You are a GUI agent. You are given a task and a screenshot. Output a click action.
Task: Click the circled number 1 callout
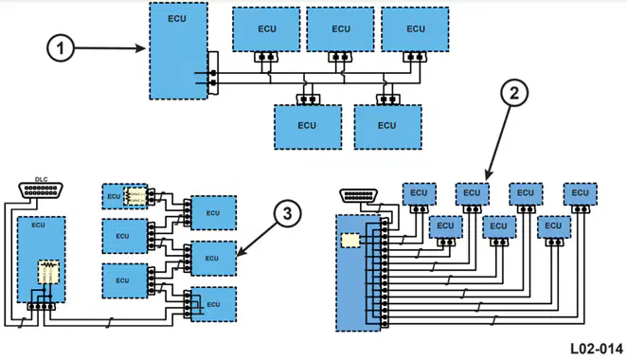point(61,48)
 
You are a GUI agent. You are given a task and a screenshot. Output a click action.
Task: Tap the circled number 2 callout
point(514,93)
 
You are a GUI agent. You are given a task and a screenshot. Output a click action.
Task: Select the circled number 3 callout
point(288,213)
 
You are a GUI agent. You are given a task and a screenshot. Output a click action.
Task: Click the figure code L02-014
point(597,349)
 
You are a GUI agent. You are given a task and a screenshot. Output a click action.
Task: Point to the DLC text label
point(41,180)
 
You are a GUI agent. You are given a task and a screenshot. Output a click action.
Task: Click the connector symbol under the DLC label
point(41,190)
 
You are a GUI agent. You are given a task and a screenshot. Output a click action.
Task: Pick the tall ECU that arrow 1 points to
point(178,51)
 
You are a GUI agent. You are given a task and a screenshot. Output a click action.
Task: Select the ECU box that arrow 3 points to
point(213,259)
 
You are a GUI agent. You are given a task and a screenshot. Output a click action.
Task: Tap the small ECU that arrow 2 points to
point(473,194)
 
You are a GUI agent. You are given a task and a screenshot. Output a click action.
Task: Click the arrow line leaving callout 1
point(110,48)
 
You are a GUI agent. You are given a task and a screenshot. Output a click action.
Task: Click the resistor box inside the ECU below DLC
point(49,272)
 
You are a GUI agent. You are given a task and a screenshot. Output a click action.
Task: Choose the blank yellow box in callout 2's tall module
point(350,241)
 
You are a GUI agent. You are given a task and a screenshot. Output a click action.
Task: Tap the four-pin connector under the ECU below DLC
point(41,307)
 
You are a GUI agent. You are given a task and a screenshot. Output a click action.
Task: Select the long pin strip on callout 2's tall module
point(385,273)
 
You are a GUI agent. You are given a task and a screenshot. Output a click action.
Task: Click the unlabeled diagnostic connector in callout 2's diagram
point(359,195)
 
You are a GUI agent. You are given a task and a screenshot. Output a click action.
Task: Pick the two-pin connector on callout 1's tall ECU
point(213,73)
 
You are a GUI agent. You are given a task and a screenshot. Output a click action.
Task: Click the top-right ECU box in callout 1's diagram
point(415,29)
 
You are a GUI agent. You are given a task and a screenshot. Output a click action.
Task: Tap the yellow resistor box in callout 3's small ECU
point(134,196)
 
